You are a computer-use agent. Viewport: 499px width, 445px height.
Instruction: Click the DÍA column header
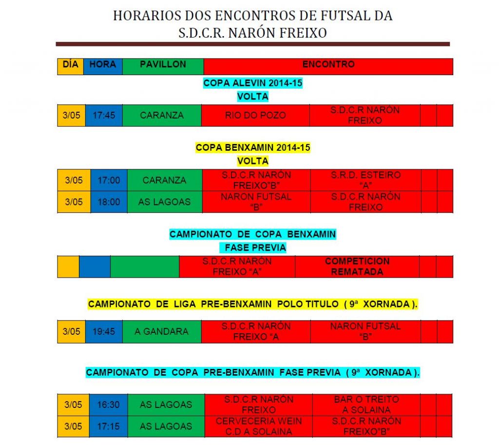pyautogui.click(x=70, y=65)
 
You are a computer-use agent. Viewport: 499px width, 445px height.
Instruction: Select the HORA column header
pyautogui.click(x=103, y=65)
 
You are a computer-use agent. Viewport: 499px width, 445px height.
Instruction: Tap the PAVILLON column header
pyautogui.click(x=163, y=65)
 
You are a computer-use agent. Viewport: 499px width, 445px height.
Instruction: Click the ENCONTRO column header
pyautogui.click(x=328, y=65)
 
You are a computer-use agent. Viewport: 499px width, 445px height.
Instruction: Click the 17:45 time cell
pyautogui.click(x=103, y=116)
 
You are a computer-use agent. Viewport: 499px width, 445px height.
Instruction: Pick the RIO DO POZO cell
pyautogui.click(x=255, y=116)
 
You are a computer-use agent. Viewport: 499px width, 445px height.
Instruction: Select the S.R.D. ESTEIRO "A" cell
pyautogui.click(x=365, y=180)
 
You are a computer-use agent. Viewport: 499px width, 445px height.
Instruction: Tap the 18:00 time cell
pyautogui.click(x=109, y=202)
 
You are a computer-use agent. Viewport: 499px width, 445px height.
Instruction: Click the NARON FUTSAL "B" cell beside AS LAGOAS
pyautogui.click(x=256, y=202)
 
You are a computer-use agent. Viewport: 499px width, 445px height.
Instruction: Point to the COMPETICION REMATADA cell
pyautogui.click(x=357, y=266)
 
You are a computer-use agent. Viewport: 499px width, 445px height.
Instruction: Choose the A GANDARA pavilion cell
pyautogui.click(x=161, y=332)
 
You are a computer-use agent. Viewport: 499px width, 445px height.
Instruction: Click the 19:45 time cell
pyautogui.click(x=103, y=332)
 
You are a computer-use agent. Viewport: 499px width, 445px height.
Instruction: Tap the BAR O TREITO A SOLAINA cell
pyautogui.click(x=366, y=405)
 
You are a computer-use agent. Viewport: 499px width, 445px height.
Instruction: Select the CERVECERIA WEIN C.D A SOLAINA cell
pyautogui.click(x=259, y=426)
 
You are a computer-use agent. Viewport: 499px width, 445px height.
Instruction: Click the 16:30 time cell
pyautogui.click(x=109, y=405)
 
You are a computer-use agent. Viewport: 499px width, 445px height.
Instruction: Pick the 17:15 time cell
pyautogui.click(x=109, y=426)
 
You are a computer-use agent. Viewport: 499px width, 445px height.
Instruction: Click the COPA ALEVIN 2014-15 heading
pyautogui.click(x=253, y=83)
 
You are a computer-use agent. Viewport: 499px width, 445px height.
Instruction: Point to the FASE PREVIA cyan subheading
pyautogui.click(x=255, y=248)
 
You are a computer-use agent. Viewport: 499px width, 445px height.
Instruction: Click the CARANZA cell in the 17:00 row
pyautogui.click(x=164, y=180)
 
